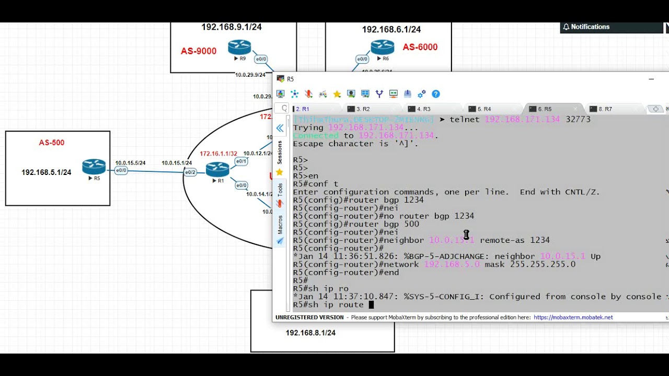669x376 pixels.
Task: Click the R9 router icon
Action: (x=239, y=48)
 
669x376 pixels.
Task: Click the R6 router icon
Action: (x=382, y=48)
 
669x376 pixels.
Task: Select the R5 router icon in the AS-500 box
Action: (x=94, y=167)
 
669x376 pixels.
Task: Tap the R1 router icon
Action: (x=217, y=169)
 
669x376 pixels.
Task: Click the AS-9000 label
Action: (x=199, y=51)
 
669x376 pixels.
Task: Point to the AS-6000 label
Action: (x=420, y=47)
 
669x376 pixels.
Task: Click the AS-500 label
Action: (x=52, y=143)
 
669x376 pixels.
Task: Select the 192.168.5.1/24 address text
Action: (x=46, y=172)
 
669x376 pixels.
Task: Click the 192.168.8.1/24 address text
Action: (x=310, y=333)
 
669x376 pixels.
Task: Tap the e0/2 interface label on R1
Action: (x=190, y=172)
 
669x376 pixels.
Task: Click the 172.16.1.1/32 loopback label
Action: (x=218, y=154)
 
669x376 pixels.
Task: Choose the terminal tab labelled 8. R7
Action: (x=605, y=109)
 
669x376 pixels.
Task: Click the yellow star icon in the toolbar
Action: (x=337, y=94)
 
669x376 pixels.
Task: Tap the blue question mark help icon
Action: (x=436, y=94)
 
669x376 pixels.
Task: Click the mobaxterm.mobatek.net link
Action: (x=573, y=318)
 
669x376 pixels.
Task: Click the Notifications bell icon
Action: (x=566, y=27)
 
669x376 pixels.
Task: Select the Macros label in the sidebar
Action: (x=280, y=224)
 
